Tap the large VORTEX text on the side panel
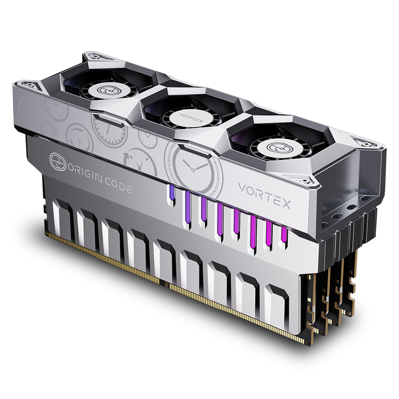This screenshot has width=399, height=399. click(264, 196)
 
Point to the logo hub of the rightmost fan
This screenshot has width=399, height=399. click(275, 147)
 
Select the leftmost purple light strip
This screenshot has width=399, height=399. click(172, 196)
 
